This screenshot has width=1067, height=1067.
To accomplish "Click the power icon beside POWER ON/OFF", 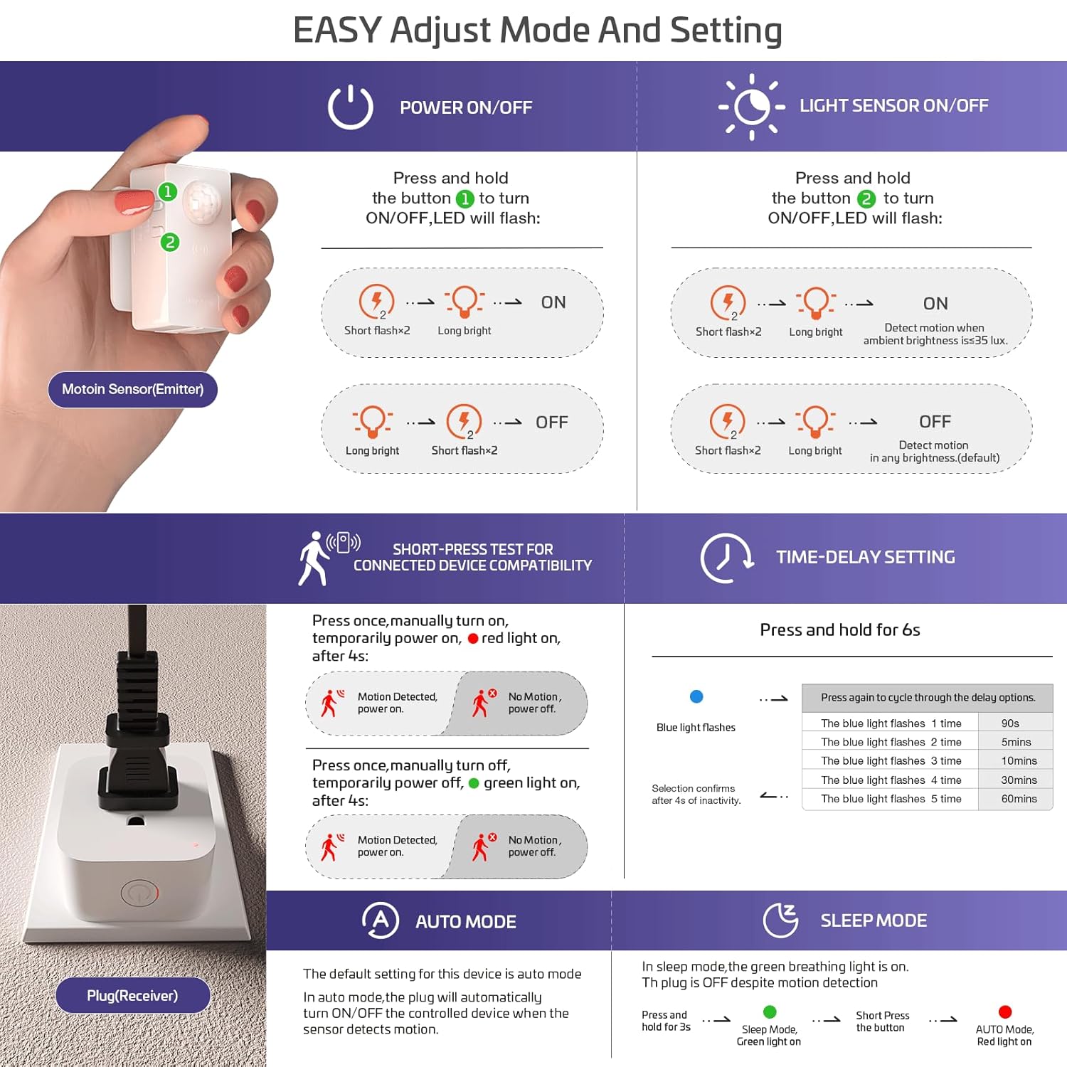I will point(350,107).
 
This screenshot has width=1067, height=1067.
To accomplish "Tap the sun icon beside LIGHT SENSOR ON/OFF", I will point(752,107).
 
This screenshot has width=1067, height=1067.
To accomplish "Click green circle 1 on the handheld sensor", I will point(167,191).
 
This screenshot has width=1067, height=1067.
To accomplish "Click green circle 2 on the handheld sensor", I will point(169,243).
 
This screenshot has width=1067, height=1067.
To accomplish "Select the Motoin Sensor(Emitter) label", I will point(132,389).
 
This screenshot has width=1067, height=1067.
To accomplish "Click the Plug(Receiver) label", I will point(132,995).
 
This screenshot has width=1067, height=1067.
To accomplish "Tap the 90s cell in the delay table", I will point(1010,723).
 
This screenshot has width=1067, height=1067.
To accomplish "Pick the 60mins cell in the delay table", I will point(1019,799).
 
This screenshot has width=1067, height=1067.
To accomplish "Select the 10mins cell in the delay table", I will point(1019,761).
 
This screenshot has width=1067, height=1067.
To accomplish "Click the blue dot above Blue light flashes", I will point(696,696).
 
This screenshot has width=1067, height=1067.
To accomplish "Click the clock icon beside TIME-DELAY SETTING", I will point(726,558).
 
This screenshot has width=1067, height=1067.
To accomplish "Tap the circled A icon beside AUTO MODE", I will point(380,920).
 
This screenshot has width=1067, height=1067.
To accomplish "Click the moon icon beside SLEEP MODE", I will point(780,920).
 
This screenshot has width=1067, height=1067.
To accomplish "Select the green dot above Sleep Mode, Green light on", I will point(769,1012).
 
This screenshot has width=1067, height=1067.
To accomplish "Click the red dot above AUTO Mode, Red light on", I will point(1004,1012).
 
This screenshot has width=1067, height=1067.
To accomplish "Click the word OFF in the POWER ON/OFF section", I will point(551,423).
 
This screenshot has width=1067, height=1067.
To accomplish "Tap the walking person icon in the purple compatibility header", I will point(314,559).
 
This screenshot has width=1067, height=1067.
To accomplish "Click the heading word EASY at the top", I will point(337,31).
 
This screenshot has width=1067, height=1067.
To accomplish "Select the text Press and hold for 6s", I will point(839,630).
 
